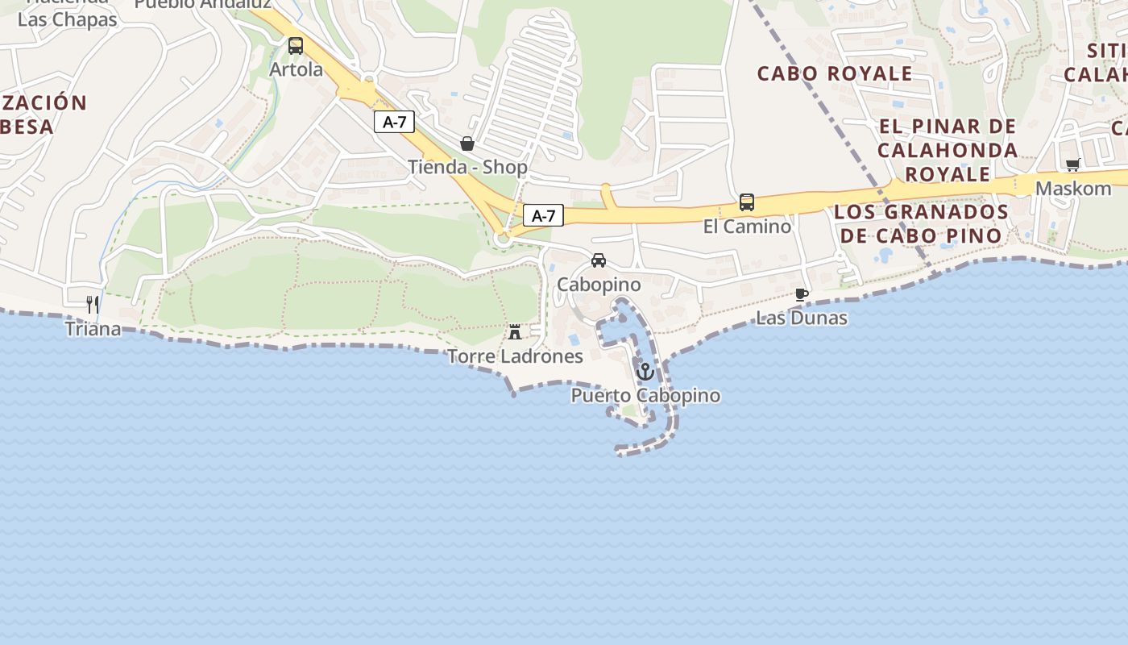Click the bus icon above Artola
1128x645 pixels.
(296, 46)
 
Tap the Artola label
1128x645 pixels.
(296, 70)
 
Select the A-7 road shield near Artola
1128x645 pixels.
(394, 123)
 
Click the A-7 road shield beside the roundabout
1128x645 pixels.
(543, 215)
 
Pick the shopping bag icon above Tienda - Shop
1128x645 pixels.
(467, 144)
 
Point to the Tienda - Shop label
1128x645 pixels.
(467, 168)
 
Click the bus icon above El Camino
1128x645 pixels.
(747, 202)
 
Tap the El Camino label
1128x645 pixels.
(747, 227)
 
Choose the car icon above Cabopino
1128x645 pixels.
(599, 260)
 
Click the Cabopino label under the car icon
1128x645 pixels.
(599, 285)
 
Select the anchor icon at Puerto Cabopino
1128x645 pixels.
(645, 372)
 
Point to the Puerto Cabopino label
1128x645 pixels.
(645, 396)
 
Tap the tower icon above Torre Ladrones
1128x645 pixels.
(515, 331)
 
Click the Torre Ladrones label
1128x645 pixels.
(515, 356)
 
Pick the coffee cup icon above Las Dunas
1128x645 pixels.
(801, 294)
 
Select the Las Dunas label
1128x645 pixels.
(801, 318)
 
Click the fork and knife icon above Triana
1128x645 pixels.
(93, 304)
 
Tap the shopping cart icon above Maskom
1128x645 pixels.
(1072, 164)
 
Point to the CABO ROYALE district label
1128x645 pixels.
(835, 74)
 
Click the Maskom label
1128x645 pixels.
(1073, 189)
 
